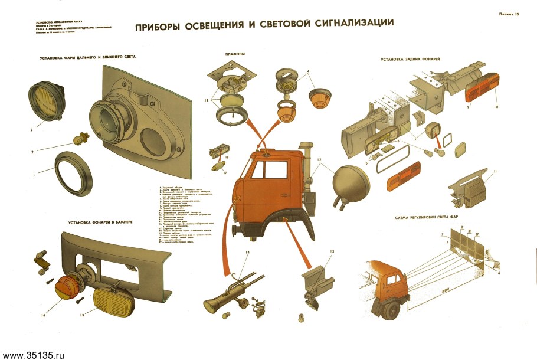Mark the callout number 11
pos(495,171)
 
